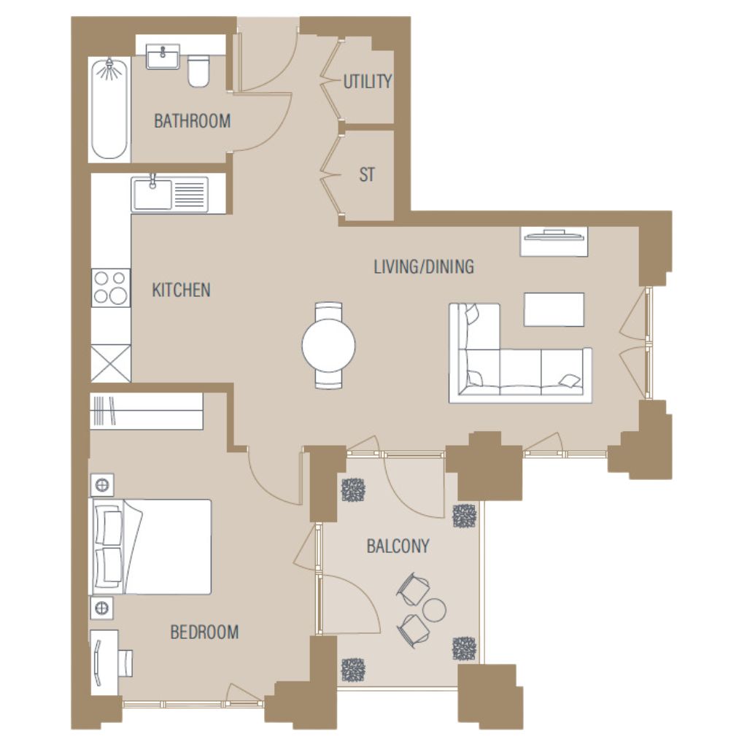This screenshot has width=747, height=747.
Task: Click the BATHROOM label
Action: (192, 121)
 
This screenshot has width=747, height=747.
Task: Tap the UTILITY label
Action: (368, 82)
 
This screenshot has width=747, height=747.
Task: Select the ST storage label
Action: (367, 175)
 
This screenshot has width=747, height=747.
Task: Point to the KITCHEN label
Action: (181, 290)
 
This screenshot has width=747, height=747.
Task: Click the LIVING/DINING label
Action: (424, 266)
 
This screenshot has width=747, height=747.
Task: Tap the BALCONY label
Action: (398, 546)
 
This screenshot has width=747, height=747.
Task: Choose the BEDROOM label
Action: (204, 632)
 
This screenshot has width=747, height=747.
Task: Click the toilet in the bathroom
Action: (198, 71)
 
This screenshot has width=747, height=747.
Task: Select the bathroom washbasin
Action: (163, 57)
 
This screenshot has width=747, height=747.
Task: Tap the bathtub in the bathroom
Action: (109, 109)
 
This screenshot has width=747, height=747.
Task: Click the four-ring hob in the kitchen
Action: (111, 287)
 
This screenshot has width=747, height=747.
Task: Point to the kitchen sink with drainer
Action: (169, 194)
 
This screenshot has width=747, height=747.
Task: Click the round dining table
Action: (329, 345)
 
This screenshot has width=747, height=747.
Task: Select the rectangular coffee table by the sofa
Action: (554, 309)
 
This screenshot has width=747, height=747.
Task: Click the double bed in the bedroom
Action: (150, 547)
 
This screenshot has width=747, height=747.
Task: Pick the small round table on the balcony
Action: (434, 610)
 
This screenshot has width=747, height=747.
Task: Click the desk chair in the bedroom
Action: (125, 662)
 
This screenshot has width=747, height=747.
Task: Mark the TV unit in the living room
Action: (554, 241)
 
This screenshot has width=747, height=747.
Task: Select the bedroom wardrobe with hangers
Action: (146, 411)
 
